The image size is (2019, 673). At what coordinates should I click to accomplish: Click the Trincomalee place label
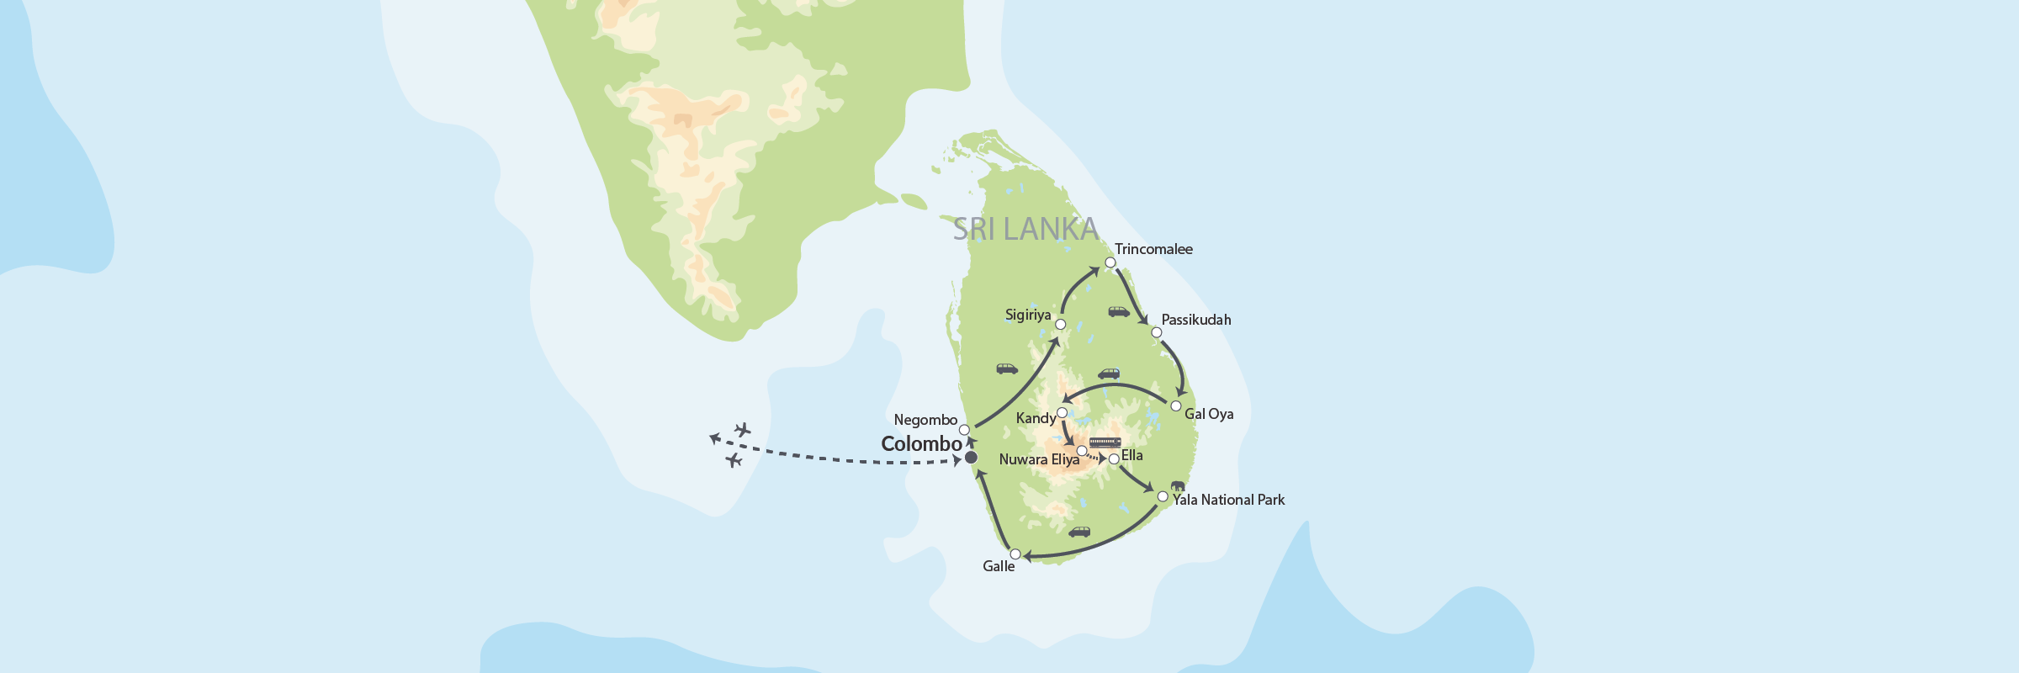tap(1153, 249)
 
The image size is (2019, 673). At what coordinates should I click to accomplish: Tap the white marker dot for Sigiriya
tap(1060, 324)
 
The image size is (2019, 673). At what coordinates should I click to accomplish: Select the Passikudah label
tap(1195, 320)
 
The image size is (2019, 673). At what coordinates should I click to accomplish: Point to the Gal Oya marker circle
tap(1176, 405)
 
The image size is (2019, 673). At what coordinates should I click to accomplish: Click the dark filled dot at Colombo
tap(971, 458)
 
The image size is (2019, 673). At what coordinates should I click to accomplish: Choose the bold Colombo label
tap(921, 444)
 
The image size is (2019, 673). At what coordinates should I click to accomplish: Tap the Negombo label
tap(925, 420)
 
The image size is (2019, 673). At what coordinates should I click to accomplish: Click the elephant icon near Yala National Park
tap(1177, 485)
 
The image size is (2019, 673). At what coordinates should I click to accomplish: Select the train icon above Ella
tap(1105, 442)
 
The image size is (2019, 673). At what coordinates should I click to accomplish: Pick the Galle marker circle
tap(1015, 554)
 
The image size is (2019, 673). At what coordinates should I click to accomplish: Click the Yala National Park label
tap(1228, 500)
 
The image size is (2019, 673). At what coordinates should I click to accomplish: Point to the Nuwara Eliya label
tap(1039, 459)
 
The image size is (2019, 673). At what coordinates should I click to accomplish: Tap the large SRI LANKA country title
tap(1025, 229)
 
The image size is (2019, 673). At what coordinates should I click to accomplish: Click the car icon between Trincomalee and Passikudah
tap(1119, 312)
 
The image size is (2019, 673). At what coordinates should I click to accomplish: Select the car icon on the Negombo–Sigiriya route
tap(1007, 368)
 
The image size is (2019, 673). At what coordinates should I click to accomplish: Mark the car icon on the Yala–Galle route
tap(1079, 532)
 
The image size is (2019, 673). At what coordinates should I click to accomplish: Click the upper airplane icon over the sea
tap(742, 430)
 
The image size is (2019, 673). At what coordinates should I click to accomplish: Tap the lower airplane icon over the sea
tap(734, 460)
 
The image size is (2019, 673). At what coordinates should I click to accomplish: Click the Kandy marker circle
tap(1062, 412)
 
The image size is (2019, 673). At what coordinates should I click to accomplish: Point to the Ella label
tap(1131, 455)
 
